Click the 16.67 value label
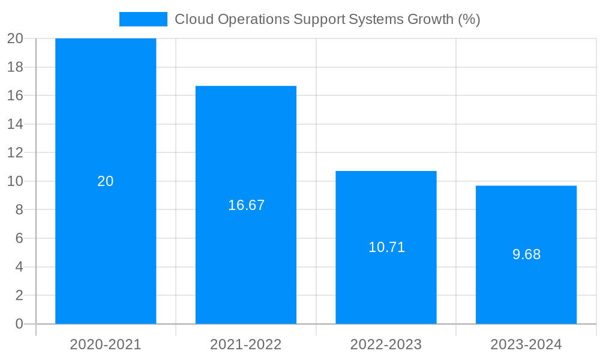click(246, 205)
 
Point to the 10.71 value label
click(386, 247)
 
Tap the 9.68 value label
click(526, 254)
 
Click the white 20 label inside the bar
click(106, 181)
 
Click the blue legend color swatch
click(143, 19)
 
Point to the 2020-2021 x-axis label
click(106, 344)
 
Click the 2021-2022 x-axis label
click(246, 344)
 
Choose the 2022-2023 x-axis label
click(386, 344)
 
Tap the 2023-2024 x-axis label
click(526, 344)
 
